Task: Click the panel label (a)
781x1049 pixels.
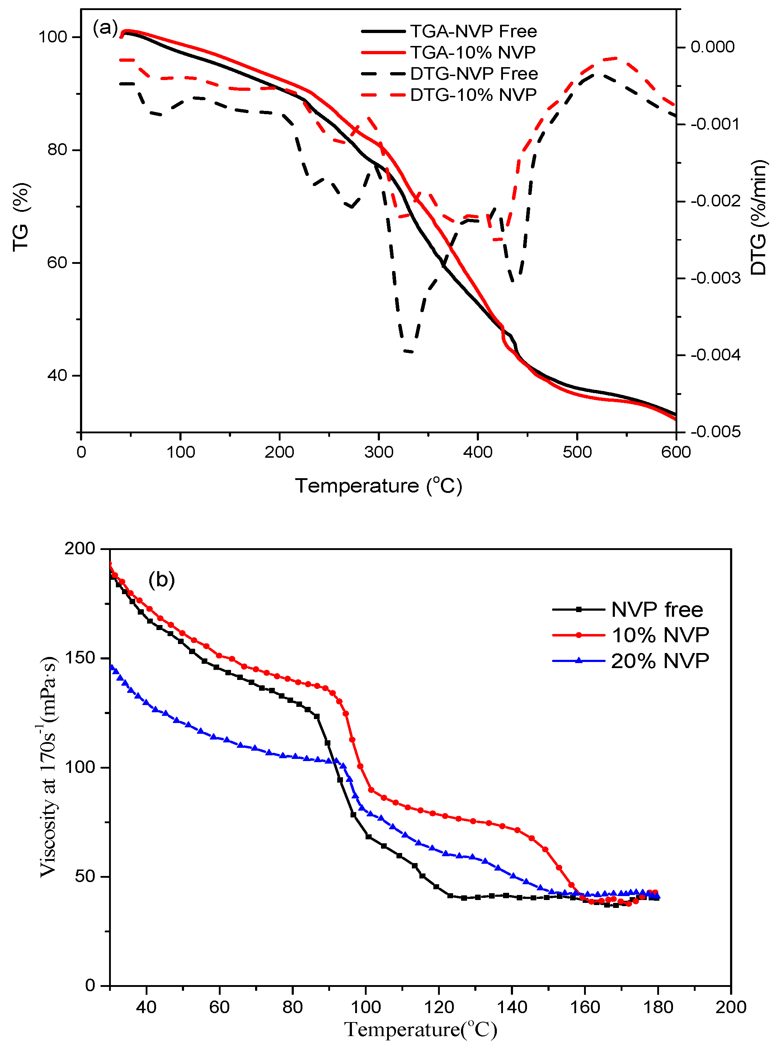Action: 105,28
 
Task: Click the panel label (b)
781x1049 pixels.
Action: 162,579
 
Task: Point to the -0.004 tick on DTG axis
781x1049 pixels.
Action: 715,355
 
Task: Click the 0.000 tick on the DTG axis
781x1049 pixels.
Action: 712,47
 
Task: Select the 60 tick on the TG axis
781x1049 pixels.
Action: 57,262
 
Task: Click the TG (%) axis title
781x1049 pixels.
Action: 21,218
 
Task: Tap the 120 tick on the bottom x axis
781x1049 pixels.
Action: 439,1007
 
